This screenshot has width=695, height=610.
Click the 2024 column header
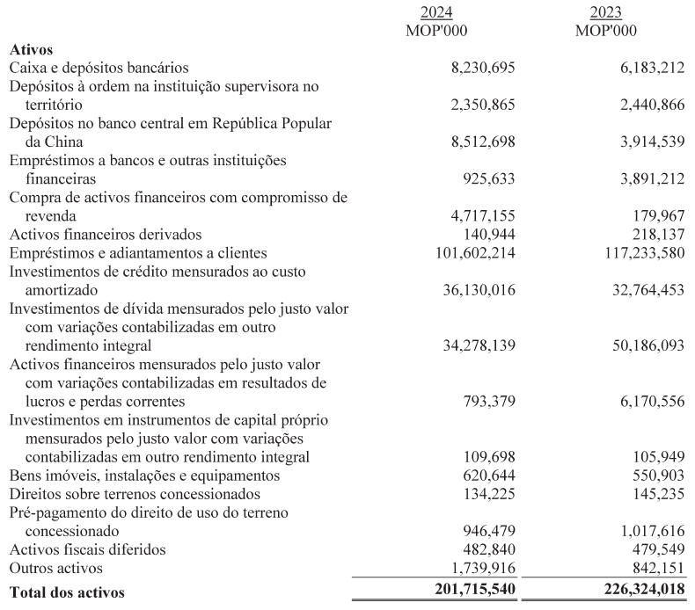[x=431, y=13]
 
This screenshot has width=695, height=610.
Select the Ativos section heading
[x=31, y=50]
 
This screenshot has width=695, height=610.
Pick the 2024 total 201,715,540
[x=463, y=592]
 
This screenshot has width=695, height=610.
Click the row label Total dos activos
[x=67, y=592]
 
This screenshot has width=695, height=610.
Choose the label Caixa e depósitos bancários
[x=99, y=68]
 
